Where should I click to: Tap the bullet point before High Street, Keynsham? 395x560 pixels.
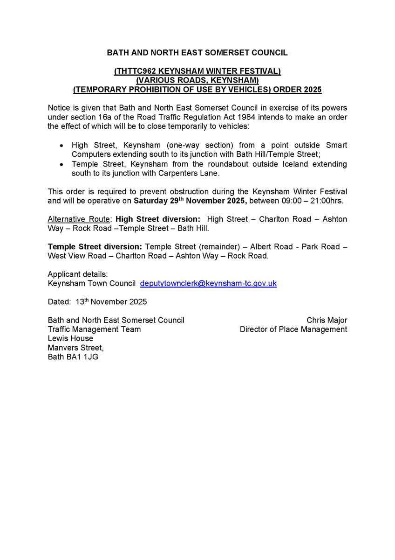point(62,146)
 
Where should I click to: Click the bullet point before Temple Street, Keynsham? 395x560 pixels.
point(62,165)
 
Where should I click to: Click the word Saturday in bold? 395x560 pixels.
point(150,201)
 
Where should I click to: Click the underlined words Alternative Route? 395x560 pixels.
point(79,219)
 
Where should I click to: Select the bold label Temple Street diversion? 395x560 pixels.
point(95,247)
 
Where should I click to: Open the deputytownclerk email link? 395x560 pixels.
point(208,284)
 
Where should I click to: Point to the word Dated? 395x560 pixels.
point(59,302)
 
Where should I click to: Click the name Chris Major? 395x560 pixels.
point(327,320)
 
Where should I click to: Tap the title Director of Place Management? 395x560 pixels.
point(293,329)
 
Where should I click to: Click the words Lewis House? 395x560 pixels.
point(70,338)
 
